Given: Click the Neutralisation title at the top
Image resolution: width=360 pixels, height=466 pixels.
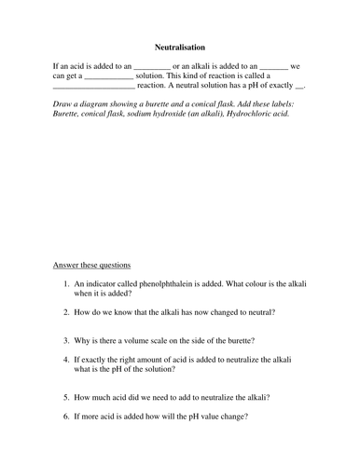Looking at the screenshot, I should pyautogui.click(x=180, y=46).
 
